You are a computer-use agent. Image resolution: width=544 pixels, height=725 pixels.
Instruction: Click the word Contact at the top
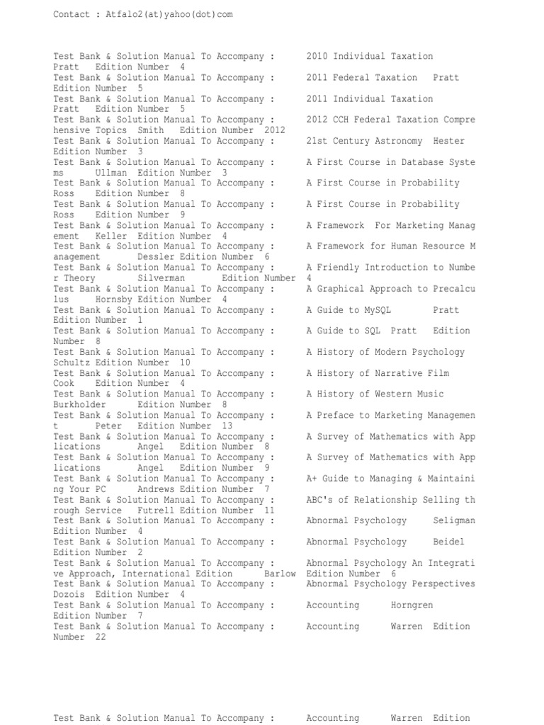tap(72, 14)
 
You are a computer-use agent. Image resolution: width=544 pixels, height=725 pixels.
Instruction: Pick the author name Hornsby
tap(113, 299)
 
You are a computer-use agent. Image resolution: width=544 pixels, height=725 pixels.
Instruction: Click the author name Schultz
tap(72, 362)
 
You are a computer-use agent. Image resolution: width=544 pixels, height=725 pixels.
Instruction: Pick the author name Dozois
tap(69, 595)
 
